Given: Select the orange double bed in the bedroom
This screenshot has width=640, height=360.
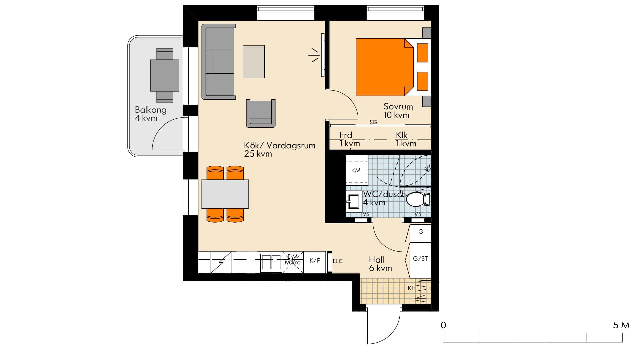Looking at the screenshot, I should [383, 67].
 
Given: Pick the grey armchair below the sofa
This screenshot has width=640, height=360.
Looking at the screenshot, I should [261, 113].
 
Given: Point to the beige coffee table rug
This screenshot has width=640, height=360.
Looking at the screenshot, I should [254, 62].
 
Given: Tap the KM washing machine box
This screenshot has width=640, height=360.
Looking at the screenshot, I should [356, 170].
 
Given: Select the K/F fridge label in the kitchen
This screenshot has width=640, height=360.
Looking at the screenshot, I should [315, 261].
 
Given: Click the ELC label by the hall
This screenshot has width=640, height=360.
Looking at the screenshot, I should [337, 261].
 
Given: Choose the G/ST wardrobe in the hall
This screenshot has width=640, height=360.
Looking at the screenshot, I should [420, 259].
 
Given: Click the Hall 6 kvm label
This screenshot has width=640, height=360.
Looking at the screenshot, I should [380, 264].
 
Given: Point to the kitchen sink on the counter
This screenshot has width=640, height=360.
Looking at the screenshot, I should [271, 262].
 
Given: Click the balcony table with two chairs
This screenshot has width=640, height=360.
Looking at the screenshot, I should [165, 75].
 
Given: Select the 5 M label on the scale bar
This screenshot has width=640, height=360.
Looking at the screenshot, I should [621, 325].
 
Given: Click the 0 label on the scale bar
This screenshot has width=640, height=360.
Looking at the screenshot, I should [443, 325].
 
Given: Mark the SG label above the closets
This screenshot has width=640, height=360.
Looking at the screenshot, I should [373, 122].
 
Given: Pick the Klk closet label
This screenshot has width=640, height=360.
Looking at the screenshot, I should [402, 135].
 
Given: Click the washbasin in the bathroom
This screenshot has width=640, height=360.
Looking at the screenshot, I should [353, 201].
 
